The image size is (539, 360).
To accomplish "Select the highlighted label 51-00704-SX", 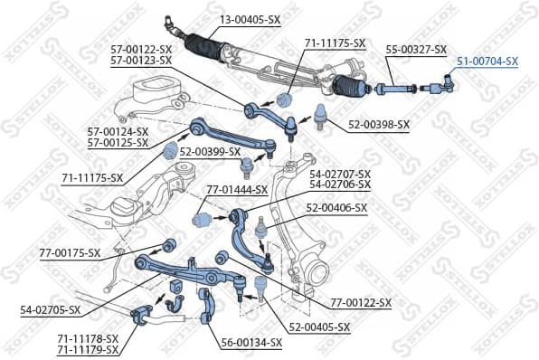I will (x=487, y=61).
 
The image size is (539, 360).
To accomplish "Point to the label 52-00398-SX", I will (x=378, y=124).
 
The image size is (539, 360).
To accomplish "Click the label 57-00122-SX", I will (x=140, y=49).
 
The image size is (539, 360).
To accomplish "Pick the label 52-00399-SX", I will (x=210, y=151).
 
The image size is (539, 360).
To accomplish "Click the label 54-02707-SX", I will (x=340, y=173).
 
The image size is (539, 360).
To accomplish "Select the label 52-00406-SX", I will (x=336, y=207).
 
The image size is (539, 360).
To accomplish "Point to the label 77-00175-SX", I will (x=70, y=252).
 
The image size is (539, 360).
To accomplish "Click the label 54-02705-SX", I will (x=50, y=309).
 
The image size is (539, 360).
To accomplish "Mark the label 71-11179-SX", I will (x=87, y=349).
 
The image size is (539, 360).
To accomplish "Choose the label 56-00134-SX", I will (x=251, y=343).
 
